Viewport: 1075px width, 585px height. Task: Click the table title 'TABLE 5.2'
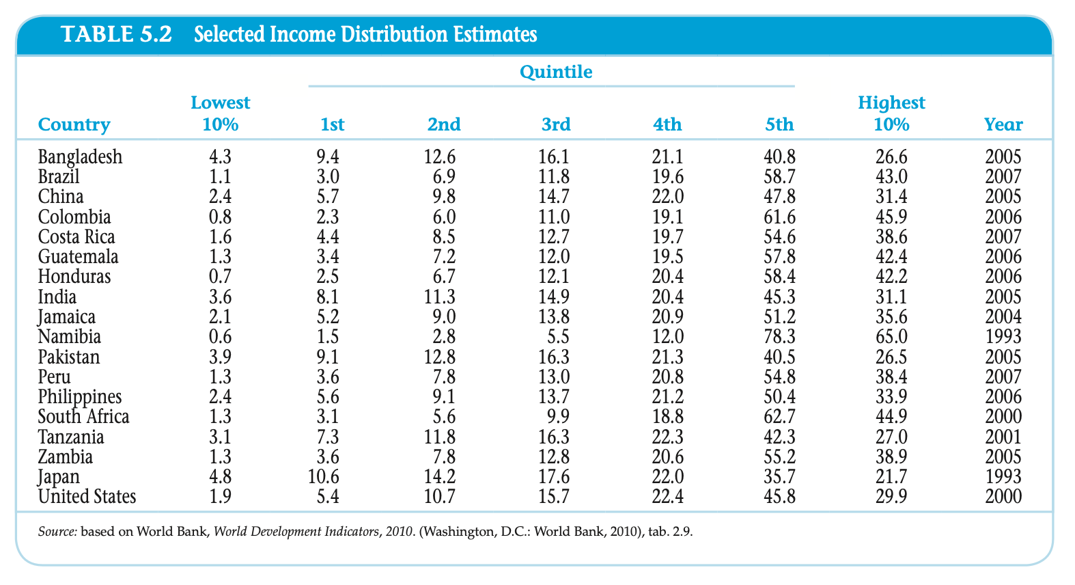coord(117,34)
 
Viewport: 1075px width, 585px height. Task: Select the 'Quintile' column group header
coord(556,72)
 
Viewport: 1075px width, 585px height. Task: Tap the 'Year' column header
coord(1003,124)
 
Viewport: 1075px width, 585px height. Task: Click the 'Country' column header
coord(74,124)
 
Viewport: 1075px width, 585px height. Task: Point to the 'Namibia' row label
coord(70,337)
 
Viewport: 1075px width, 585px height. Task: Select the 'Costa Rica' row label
coord(76,237)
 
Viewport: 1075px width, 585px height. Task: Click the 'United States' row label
coord(87,497)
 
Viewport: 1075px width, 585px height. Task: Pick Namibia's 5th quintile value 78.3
coord(779,337)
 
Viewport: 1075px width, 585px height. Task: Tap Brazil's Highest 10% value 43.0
coord(891,177)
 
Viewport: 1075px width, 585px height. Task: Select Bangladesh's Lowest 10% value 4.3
coord(220,157)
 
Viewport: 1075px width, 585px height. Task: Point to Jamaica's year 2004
coord(1003,317)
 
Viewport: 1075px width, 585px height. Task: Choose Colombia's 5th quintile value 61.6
coord(779,217)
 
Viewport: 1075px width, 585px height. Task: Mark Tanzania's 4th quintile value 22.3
coord(667,437)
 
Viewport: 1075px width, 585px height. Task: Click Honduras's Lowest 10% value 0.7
coord(220,277)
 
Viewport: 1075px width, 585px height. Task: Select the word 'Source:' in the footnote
coord(57,531)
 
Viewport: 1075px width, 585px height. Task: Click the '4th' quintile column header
coord(667,124)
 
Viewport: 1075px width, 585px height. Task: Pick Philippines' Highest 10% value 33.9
coord(891,397)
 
